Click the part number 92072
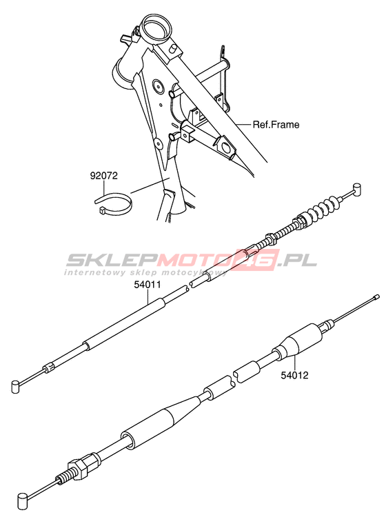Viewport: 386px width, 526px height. pos(103,176)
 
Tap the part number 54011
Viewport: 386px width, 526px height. pos(148,285)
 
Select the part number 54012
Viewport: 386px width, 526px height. pos(294,375)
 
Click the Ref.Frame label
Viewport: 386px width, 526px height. pos(276,125)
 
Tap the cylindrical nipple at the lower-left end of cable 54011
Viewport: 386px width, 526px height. pos(15,386)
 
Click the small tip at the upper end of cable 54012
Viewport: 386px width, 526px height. pos(376,296)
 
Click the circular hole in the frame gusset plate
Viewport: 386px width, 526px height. pos(157,86)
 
